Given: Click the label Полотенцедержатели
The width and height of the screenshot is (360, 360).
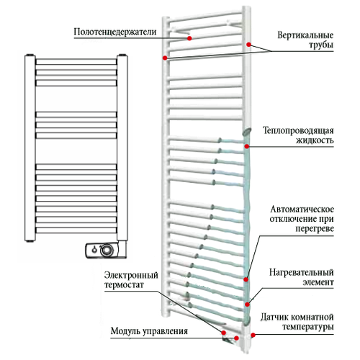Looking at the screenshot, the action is pyautogui.click(x=115, y=32).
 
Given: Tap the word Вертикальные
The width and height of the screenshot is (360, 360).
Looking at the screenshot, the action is pyautogui.click(x=305, y=35).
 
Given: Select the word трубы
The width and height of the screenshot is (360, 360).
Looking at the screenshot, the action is pyautogui.click(x=321, y=45).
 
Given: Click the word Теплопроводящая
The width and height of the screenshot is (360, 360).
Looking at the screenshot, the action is pyautogui.click(x=298, y=130).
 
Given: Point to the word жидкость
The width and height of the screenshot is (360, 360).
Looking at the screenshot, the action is pyautogui.click(x=315, y=140).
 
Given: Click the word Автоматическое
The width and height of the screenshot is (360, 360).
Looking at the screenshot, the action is pyautogui.click(x=302, y=209).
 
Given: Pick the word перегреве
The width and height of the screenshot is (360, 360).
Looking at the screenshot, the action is pyautogui.click(x=315, y=228).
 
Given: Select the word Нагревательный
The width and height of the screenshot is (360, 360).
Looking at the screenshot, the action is pyautogui.click(x=302, y=272).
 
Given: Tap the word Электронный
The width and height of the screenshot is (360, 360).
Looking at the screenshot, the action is pyautogui.click(x=131, y=275).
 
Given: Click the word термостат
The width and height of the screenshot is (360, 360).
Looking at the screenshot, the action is pyautogui.click(x=124, y=285).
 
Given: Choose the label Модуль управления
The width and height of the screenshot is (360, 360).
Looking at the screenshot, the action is pyautogui.click(x=149, y=331).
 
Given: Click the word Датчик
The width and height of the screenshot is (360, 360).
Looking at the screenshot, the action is pyautogui.click(x=274, y=318).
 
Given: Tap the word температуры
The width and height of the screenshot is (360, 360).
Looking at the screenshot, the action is pyautogui.click(x=308, y=327).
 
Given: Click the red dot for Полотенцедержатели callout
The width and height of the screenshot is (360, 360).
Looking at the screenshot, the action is pyautogui.click(x=189, y=38).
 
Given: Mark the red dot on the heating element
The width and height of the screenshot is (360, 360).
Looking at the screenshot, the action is pyautogui.click(x=247, y=305).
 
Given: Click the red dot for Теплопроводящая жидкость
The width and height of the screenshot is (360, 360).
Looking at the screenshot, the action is pyautogui.click(x=247, y=146).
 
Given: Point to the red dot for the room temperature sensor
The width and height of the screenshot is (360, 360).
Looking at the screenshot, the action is pyautogui.click(x=253, y=335).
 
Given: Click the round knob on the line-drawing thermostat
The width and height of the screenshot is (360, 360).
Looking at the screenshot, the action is pyautogui.click(x=107, y=250).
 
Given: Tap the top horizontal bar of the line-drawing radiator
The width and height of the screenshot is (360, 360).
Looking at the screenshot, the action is pyautogui.click(x=76, y=62).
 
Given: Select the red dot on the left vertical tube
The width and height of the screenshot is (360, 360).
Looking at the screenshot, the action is pyautogui.click(x=165, y=58).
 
